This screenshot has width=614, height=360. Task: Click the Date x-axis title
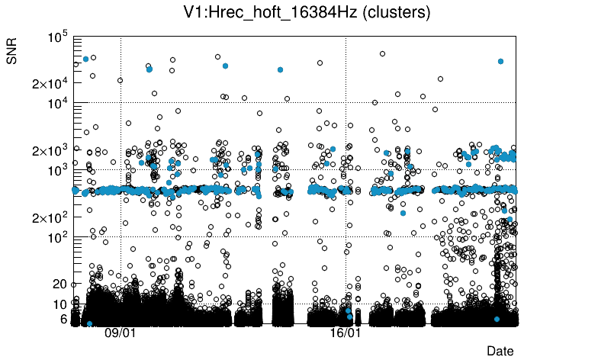(500, 350)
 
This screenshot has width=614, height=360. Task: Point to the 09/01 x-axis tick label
(120, 333)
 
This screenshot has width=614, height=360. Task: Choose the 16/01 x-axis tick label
(346, 333)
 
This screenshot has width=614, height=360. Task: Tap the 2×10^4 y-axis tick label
(51, 83)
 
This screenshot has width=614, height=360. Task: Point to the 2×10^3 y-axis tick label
(51, 150)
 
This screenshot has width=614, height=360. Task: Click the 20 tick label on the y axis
(59, 284)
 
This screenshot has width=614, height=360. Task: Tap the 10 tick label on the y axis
(59, 304)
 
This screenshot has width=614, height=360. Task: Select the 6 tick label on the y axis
(63, 319)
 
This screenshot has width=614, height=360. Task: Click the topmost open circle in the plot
(382, 54)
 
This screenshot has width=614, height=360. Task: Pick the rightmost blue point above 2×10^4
(500, 61)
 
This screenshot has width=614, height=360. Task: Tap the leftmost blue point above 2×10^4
(86, 59)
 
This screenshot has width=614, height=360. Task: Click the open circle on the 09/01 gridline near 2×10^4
(120, 80)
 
